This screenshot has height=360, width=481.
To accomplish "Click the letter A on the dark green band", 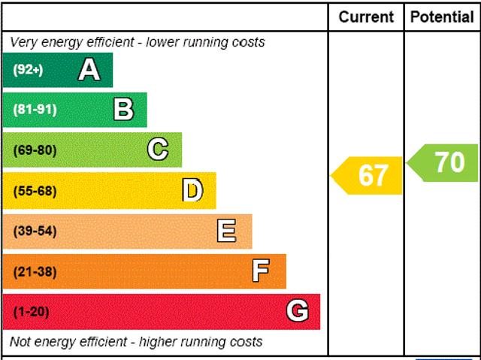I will point(89,70).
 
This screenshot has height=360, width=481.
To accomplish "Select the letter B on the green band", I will point(123,110).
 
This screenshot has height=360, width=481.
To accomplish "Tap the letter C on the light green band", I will point(158,150).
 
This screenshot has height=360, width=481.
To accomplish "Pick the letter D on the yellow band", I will point(193,191).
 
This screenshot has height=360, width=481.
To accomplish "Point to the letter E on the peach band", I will point(226,231).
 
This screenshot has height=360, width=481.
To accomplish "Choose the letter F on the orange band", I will point(261,271).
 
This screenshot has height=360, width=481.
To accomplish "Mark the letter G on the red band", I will point(298,311).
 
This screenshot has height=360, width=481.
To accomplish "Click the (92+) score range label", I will point(29,70).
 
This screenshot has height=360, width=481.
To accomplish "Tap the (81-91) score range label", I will point(35,110).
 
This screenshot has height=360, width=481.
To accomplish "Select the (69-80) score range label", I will point(35,150).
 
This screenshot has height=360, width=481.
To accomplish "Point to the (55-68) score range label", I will point(35,191).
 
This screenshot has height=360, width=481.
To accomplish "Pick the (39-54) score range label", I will point(35,231).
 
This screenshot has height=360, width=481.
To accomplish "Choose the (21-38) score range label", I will point(35,271).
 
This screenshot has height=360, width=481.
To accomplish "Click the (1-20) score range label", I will point(31,311).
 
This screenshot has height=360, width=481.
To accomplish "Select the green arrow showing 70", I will point(445,162).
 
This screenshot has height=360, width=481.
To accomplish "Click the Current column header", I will point(366,17).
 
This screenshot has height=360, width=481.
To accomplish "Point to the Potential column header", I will point(442,17).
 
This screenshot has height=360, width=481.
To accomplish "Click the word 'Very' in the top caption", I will point(23,42).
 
